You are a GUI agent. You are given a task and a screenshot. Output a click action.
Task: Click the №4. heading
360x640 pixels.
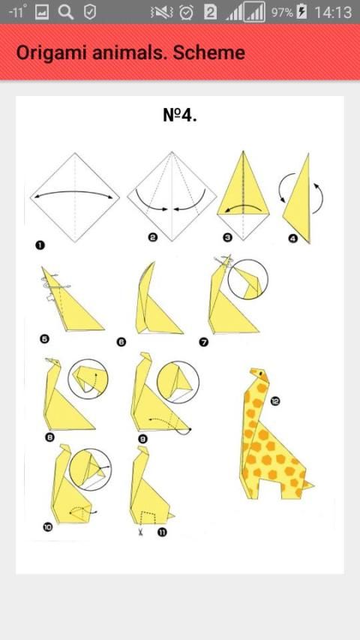pyautogui.click(x=179, y=115)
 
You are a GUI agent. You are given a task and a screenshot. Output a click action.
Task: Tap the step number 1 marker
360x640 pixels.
pyautogui.click(x=40, y=245)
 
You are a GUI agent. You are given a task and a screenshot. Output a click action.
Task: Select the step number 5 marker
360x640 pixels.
pyautogui.click(x=45, y=338)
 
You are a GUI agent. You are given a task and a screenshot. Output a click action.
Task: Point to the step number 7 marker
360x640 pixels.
pyautogui.click(x=204, y=342)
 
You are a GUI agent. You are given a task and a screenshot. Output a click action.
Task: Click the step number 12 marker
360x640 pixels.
pyautogui.click(x=275, y=401)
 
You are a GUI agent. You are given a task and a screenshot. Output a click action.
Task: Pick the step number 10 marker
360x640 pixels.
pyautogui.click(x=48, y=527)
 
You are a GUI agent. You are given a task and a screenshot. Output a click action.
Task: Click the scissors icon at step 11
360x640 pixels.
pyautogui.click(x=140, y=532)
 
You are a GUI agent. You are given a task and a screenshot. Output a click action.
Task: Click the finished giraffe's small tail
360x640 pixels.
pyautogui.click(x=308, y=485)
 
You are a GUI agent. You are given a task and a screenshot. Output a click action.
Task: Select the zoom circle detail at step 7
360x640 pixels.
pyautogui.click(x=247, y=279)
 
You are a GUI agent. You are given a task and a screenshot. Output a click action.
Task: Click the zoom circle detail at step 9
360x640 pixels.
pyautogui.click(x=178, y=382)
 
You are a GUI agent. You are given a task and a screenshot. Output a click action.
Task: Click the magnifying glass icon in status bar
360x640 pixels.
pyautogui.click(x=66, y=12)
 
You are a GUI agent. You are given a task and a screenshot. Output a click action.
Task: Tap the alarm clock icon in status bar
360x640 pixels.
pyautogui.click(x=187, y=12)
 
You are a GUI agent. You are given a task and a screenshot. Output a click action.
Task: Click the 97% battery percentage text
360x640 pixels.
pyautogui.click(x=282, y=13)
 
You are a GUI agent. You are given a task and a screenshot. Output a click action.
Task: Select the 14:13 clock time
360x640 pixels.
pyautogui.click(x=333, y=12)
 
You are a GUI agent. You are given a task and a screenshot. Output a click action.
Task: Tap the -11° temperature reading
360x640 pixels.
pyautogui.click(x=18, y=11)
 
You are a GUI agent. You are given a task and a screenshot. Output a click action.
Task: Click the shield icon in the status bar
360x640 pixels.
pyautogui.click(x=90, y=12)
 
